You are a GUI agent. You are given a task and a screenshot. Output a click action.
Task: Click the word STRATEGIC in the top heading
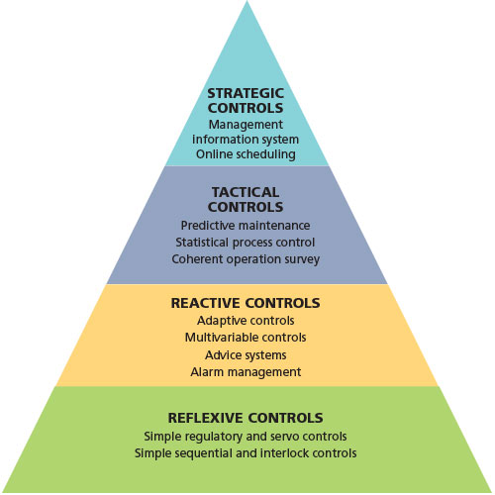click(x=246, y=93)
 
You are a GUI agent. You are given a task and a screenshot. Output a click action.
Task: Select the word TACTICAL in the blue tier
click(x=246, y=192)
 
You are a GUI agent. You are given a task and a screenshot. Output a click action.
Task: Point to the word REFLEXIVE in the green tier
click(x=205, y=418)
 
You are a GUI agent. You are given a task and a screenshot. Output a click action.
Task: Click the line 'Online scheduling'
click(x=246, y=154)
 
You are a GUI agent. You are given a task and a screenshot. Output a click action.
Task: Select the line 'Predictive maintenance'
click(x=246, y=226)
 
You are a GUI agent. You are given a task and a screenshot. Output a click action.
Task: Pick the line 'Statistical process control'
click(x=246, y=243)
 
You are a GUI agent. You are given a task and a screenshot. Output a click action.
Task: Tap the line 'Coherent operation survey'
click(x=246, y=259)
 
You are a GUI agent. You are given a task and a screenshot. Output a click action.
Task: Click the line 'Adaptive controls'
click(x=246, y=321)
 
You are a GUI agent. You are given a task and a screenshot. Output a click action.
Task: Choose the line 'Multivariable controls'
click(x=246, y=338)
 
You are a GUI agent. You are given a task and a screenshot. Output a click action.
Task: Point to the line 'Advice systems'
click(x=246, y=355)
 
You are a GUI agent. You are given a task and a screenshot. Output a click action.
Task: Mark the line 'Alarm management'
click(x=246, y=372)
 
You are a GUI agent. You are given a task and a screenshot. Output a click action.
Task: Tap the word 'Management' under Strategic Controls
click(x=246, y=125)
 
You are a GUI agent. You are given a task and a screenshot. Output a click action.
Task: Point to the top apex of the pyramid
click(x=247, y=1)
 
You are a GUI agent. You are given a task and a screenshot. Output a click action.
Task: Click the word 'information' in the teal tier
click(x=218, y=140)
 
